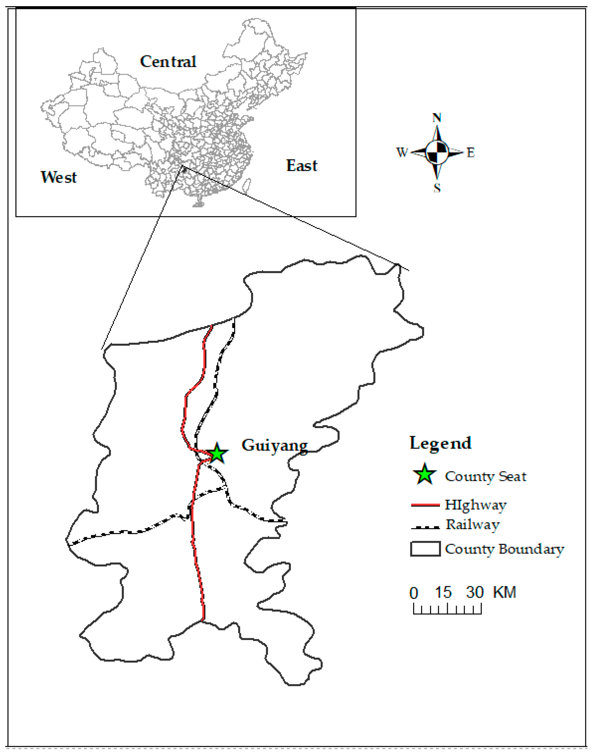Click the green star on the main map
(x=217, y=453)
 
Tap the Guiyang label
(x=274, y=445)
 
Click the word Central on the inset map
(x=168, y=62)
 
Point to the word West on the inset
(x=59, y=177)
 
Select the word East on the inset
(x=301, y=166)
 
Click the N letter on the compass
(x=437, y=118)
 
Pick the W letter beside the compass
(x=402, y=152)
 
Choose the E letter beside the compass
(x=470, y=152)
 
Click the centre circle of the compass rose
(x=437, y=152)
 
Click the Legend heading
(x=441, y=443)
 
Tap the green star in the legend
(x=425, y=474)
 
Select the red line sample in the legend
(x=425, y=505)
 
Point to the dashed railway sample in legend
(x=425, y=527)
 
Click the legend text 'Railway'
(x=472, y=524)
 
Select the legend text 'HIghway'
(x=475, y=505)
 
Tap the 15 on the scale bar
(x=443, y=592)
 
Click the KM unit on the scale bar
(x=504, y=592)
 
